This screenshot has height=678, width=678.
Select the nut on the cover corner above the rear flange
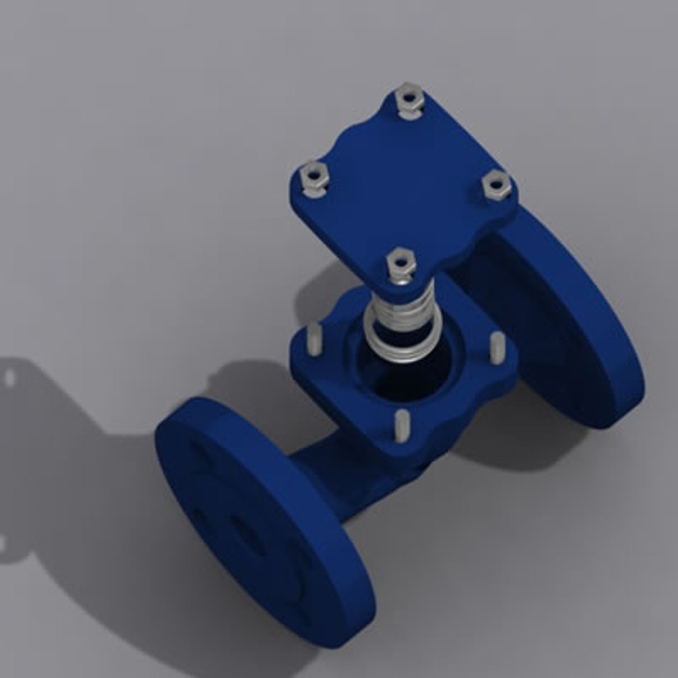[497, 185]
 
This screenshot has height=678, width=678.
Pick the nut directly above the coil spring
[399, 263]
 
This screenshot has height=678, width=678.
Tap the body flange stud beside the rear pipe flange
[497, 346]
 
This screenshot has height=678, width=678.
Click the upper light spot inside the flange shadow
[9, 378]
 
